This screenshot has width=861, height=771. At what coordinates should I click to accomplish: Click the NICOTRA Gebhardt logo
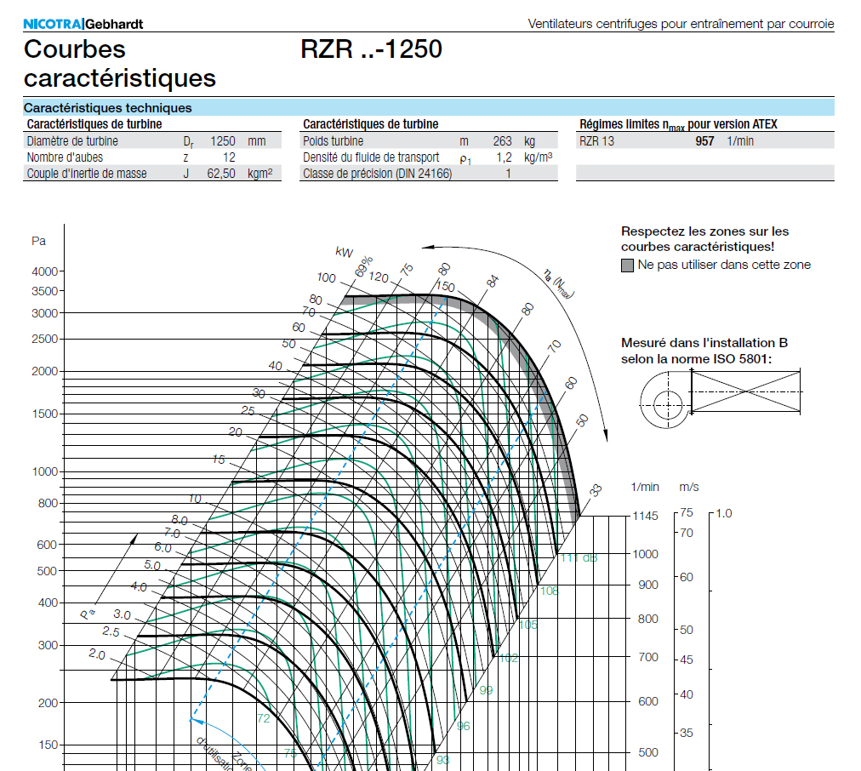pyautogui.click(x=83, y=24)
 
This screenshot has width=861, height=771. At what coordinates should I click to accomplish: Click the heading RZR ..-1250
pyautogui.click(x=371, y=49)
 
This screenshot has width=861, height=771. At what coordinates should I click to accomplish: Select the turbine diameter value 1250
pyautogui.click(x=222, y=141)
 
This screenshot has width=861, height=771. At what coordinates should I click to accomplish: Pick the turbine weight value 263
pyautogui.click(x=502, y=141)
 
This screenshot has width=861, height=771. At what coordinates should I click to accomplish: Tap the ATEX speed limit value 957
pyautogui.click(x=704, y=141)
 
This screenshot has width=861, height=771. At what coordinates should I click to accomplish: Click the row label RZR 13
pyautogui.click(x=596, y=141)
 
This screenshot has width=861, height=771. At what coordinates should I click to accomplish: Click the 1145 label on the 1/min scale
pyautogui.click(x=645, y=516)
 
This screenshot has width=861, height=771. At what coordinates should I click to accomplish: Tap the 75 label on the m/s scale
pyautogui.click(x=687, y=513)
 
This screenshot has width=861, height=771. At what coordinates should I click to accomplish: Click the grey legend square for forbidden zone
pyautogui.click(x=628, y=265)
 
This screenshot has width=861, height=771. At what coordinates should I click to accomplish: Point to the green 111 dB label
pyautogui.click(x=579, y=557)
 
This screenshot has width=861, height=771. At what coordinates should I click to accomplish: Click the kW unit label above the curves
pyautogui.click(x=345, y=252)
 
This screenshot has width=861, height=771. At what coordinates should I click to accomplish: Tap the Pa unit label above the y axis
pyautogui.click(x=38, y=241)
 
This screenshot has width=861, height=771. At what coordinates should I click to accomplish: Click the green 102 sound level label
pyautogui.click(x=508, y=658)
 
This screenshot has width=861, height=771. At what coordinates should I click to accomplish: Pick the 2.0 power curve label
pyautogui.click(x=96, y=654)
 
